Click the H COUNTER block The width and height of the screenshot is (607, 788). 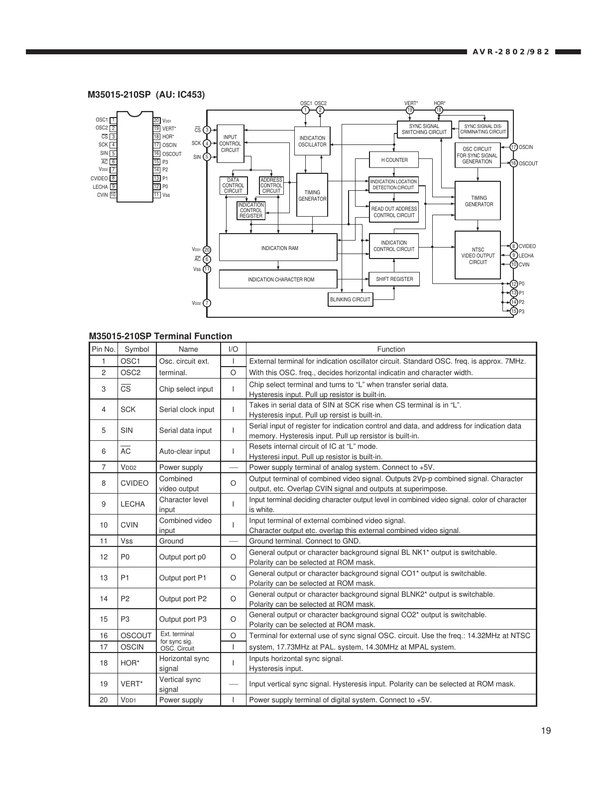coord(394,160)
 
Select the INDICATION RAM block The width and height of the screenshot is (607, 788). coord(278,248)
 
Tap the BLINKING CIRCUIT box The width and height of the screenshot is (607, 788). coord(351,299)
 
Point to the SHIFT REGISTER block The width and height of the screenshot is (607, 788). coord(394,279)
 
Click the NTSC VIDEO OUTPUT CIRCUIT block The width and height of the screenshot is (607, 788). coord(478,256)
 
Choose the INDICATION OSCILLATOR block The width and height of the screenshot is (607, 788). coord(312,141)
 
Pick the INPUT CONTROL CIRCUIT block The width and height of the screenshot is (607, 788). coord(230,143)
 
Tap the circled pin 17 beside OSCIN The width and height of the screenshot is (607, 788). coord(514,147)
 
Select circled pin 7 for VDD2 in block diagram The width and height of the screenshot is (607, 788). coord(207,303)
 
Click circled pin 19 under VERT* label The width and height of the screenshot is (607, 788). coord(410,110)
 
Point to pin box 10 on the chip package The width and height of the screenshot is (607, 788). coord(114,195)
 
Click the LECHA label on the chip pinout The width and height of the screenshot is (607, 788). coord(100,187)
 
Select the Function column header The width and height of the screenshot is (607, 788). coord(391,349)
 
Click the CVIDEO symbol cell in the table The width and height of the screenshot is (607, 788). coord(134,483)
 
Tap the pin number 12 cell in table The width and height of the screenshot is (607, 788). coord(104,557)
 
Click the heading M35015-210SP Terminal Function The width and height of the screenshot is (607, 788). coord(160,336)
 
